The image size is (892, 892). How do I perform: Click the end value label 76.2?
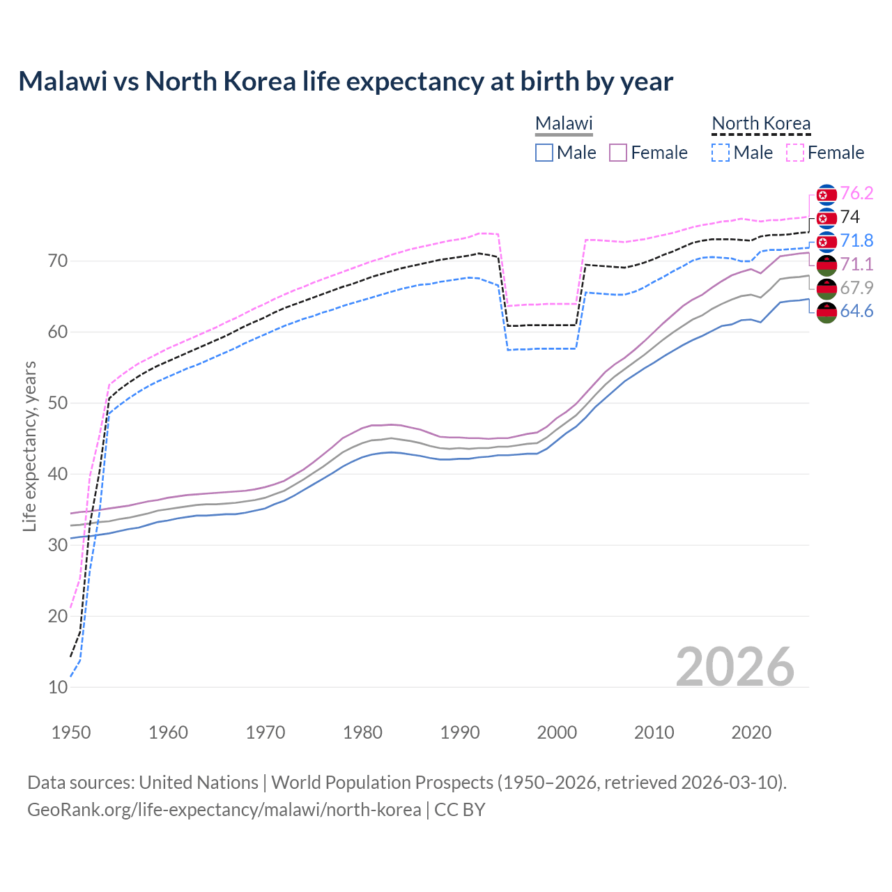click(856, 194)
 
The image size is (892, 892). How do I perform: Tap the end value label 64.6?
click(856, 312)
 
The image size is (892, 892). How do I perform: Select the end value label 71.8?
click(856, 241)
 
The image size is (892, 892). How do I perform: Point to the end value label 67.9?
click(856, 288)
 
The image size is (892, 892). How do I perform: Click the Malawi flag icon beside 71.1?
click(826, 265)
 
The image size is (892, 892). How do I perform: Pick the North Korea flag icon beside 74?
click(826, 218)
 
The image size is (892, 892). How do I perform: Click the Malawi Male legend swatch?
click(544, 153)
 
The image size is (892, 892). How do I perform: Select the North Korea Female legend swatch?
click(795, 153)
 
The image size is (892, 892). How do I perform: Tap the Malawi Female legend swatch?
click(618, 153)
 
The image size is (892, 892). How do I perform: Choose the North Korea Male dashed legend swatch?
click(721, 153)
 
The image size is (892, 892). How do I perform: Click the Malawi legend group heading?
click(564, 124)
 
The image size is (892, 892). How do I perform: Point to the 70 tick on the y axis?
click(58, 261)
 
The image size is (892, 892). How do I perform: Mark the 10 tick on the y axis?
click(58, 687)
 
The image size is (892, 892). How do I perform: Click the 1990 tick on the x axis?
click(460, 732)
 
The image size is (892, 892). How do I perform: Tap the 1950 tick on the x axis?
click(72, 732)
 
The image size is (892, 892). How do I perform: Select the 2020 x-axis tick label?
click(751, 732)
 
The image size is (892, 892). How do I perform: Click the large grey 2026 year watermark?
click(735, 667)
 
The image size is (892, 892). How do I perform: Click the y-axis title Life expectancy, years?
click(30, 446)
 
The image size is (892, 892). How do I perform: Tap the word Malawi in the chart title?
click(63, 82)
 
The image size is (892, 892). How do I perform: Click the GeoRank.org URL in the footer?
click(224, 810)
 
